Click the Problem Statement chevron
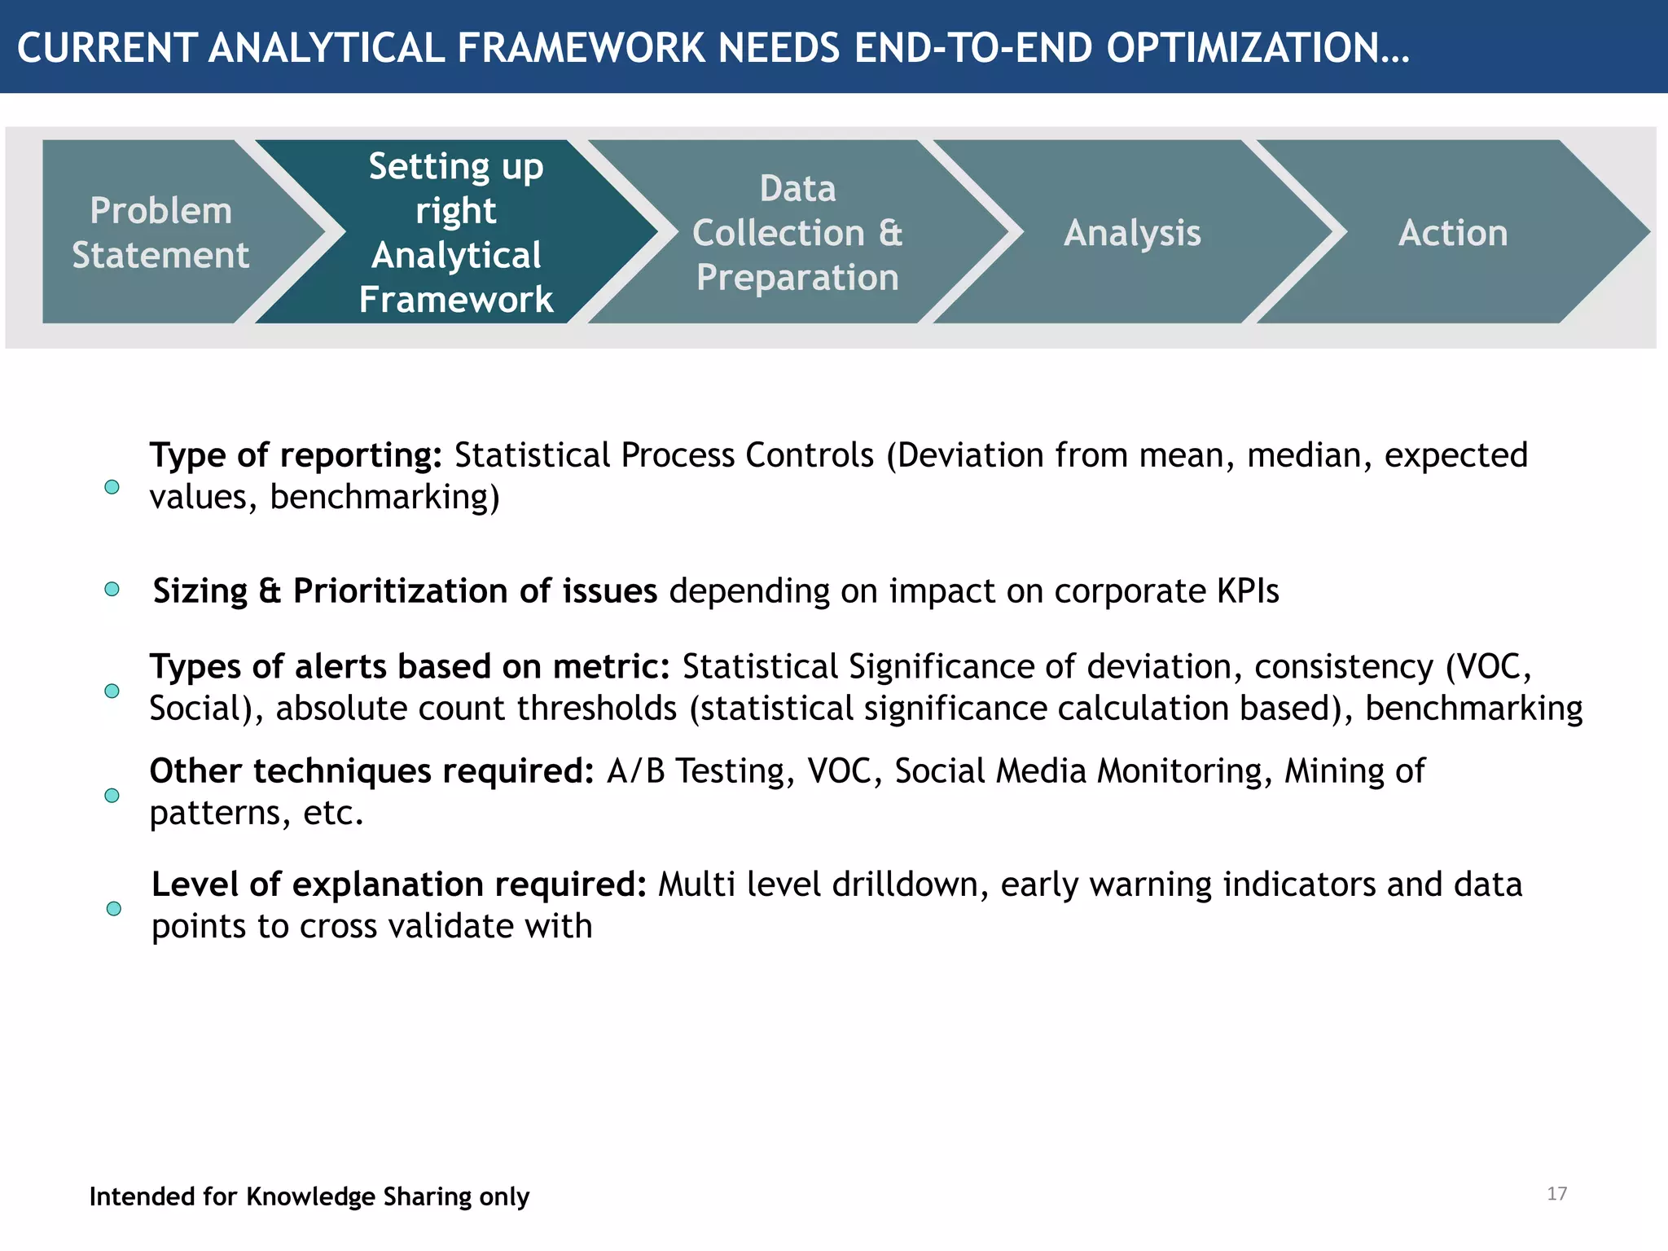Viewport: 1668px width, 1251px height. click(x=160, y=232)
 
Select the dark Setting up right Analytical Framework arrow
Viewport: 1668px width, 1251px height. click(x=455, y=232)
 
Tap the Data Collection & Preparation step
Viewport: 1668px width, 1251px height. click(x=797, y=232)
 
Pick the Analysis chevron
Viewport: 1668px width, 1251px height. click(x=1132, y=232)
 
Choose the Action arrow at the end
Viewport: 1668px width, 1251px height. click(x=1453, y=232)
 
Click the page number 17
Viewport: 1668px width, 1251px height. click(x=1556, y=1194)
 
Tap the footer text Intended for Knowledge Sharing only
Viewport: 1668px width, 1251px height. click(x=309, y=1196)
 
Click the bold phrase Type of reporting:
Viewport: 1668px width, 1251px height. click(x=295, y=455)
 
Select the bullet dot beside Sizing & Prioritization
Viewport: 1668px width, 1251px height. click(x=112, y=589)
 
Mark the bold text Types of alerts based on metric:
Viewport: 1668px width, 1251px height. click(x=409, y=667)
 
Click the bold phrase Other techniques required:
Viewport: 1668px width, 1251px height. click(x=371, y=771)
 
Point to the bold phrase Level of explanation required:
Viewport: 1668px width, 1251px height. click(x=398, y=884)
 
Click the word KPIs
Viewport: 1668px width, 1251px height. click(x=1248, y=591)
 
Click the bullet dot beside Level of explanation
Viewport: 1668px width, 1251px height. click(x=114, y=908)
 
